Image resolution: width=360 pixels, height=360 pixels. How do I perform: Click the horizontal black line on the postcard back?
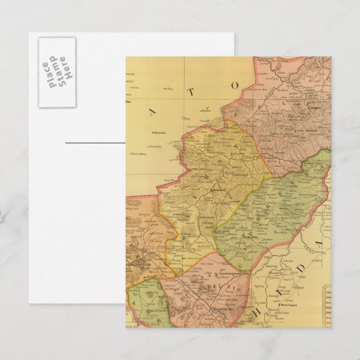[x=95, y=143]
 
